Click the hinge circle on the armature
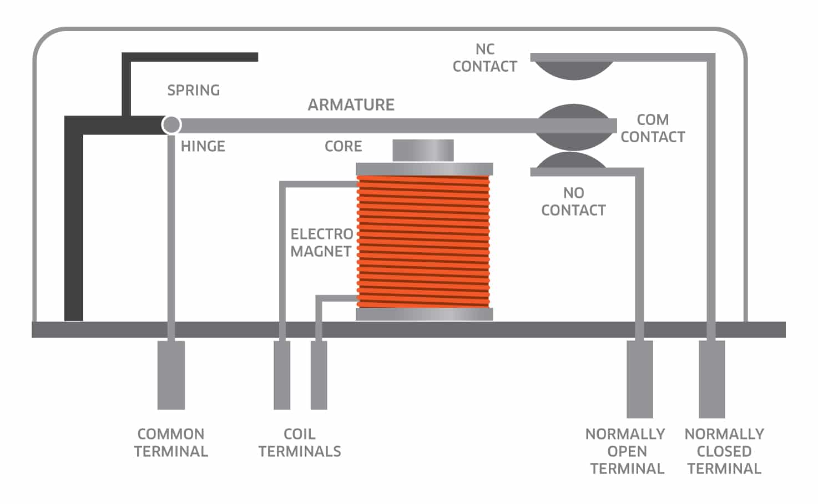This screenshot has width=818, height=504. (x=171, y=124)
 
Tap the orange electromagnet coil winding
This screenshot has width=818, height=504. (x=423, y=242)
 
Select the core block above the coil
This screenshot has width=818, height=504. (x=423, y=150)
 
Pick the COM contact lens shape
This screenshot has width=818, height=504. (x=574, y=127)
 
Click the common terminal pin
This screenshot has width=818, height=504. (x=171, y=375)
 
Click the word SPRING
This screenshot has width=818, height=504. (x=194, y=90)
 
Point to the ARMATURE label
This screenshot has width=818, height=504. (x=351, y=104)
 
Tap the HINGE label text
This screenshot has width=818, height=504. (x=203, y=146)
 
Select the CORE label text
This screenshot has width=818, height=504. (x=344, y=146)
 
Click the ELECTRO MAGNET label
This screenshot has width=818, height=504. (x=322, y=243)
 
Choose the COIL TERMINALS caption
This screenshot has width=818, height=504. (x=300, y=442)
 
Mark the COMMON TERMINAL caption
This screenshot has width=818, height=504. (x=171, y=442)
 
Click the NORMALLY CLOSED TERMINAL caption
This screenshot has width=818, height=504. (x=724, y=451)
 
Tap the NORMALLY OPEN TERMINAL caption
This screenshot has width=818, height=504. (x=625, y=451)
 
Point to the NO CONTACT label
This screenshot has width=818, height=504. (x=574, y=201)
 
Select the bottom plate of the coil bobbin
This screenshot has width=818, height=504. (x=424, y=315)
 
